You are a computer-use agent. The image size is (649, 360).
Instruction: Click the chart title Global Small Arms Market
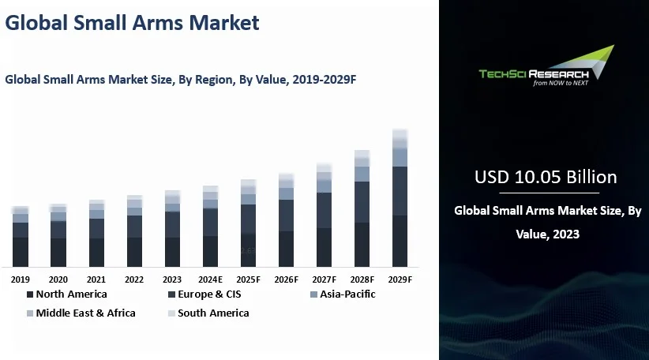132,24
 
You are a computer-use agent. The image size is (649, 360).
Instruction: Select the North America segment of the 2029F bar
400,241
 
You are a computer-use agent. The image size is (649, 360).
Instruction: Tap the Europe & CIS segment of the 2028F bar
362,202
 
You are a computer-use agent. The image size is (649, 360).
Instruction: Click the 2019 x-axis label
21,279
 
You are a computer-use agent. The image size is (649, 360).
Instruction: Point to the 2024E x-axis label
210,279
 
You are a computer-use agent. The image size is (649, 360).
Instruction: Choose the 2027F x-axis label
324,279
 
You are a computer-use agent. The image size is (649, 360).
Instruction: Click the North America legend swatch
30,294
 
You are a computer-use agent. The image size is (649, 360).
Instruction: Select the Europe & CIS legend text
209,294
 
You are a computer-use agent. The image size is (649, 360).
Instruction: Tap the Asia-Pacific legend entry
343,294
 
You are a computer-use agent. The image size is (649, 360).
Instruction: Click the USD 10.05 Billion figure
545,177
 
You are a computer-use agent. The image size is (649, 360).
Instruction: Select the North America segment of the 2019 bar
21,251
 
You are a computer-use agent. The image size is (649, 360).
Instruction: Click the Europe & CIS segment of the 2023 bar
172,224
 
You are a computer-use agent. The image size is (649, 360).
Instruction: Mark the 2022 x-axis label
134,279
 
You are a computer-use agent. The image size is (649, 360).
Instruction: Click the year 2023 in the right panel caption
565,234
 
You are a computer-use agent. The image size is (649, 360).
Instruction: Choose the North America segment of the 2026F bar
286,248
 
